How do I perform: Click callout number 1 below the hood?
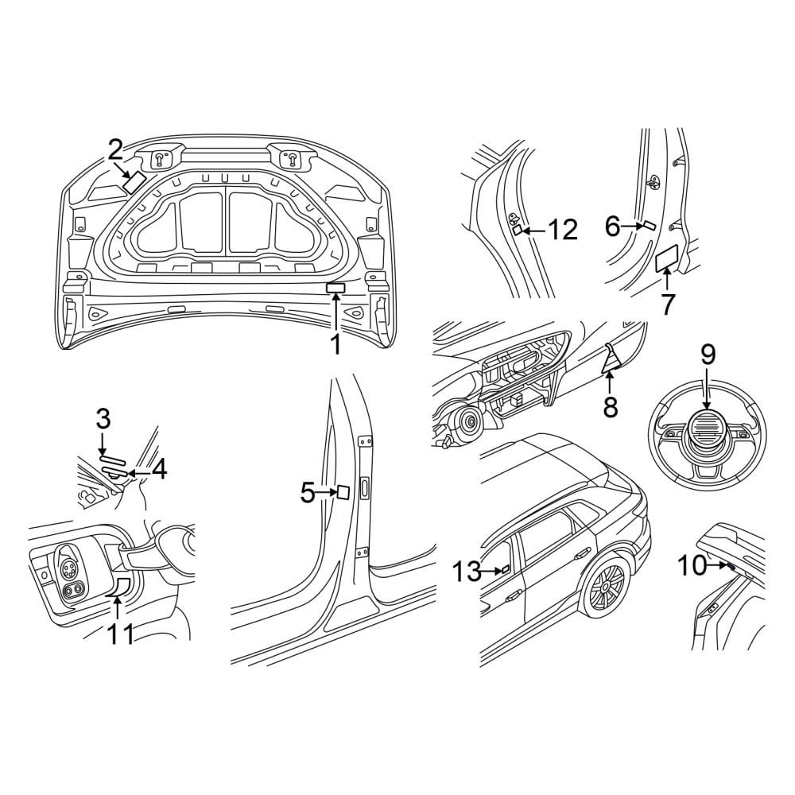(335, 344)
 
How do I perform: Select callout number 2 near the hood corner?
(115, 150)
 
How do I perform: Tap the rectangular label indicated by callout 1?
(336, 288)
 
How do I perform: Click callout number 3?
(103, 419)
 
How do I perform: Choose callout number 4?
(159, 470)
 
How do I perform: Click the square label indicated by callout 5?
(342, 492)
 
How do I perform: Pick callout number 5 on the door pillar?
(308, 493)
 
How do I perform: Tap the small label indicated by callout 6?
(649, 226)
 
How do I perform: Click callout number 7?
(667, 304)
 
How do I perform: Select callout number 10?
(692, 566)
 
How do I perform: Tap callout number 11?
(120, 634)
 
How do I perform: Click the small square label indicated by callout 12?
(518, 231)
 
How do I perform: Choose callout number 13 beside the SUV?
(467, 572)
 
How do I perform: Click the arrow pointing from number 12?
(534, 231)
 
